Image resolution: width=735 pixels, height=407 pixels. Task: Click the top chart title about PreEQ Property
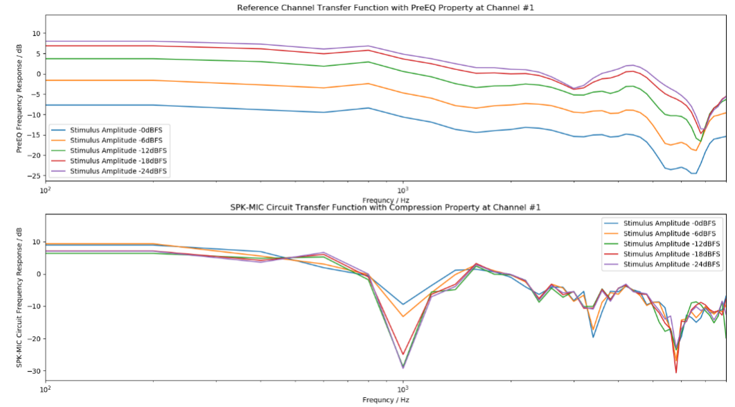click(385, 8)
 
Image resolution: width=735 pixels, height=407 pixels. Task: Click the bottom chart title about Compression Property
click(385, 207)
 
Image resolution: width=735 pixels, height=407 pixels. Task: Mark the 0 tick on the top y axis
click(38, 74)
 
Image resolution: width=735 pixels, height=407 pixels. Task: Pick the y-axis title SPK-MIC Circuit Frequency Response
click(20, 298)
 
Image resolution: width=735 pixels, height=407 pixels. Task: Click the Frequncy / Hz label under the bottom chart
click(385, 400)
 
